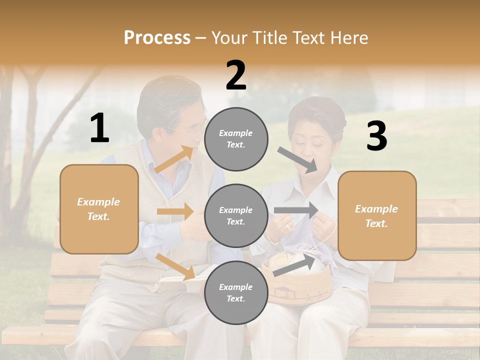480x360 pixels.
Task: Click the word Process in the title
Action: coord(157,38)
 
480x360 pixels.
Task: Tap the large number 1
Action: coord(99,128)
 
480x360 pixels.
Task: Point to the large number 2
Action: coord(236,75)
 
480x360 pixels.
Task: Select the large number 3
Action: coord(376,136)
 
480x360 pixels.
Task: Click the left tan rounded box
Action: coord(99,209)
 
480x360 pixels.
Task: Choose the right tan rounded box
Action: coord(377,216)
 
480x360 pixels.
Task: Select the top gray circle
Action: coord(236,139)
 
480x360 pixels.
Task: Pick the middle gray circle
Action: coord(236,215)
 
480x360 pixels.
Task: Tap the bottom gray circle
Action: coord(236,292)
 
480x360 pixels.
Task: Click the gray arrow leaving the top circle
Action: coord(297,160)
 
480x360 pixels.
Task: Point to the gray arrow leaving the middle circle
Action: coord(296,210)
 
